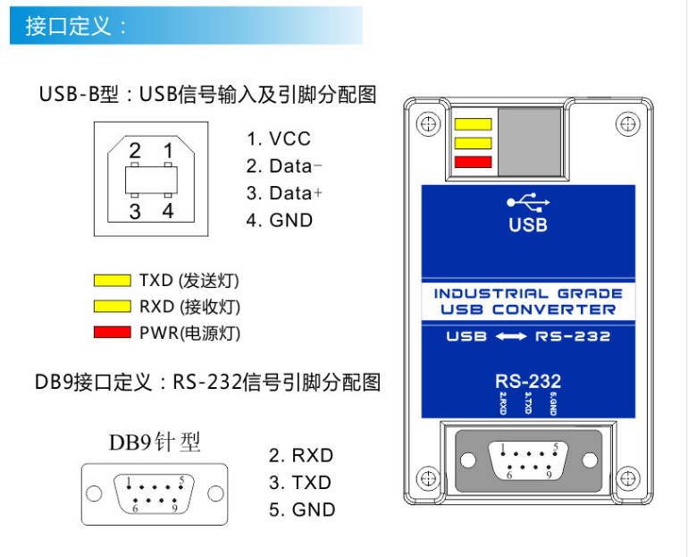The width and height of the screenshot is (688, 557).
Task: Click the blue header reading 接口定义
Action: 76,26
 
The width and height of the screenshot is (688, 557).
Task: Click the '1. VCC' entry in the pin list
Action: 279,139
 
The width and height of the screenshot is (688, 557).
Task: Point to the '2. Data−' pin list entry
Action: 283,166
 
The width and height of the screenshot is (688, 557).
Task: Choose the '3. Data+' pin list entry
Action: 283,193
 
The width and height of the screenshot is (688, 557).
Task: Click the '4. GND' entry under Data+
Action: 280,220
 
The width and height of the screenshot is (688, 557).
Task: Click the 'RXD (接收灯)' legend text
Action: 189,307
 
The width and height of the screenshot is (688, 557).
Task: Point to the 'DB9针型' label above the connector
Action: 155,442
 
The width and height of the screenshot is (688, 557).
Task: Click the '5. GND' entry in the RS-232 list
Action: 302,510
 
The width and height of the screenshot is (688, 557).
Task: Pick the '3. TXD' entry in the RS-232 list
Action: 300,483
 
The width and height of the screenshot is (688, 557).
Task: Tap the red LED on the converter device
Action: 473,162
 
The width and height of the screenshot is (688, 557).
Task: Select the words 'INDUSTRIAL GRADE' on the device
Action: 527,293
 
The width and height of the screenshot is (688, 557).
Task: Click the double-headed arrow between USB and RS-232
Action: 511,337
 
